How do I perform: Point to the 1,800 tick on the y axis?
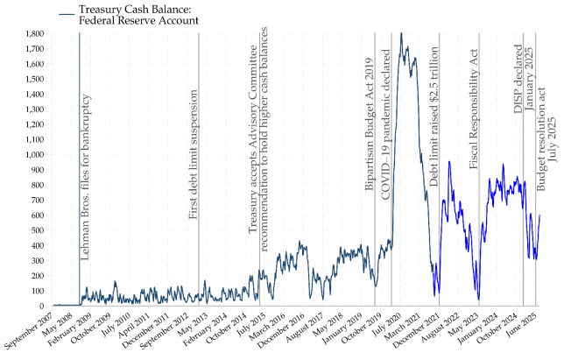[x=33, y=33]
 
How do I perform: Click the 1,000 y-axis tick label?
[x=33, y=154]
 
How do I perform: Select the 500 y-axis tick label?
[x=38, y=230]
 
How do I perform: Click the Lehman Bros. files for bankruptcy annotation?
[x=86, y=175]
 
